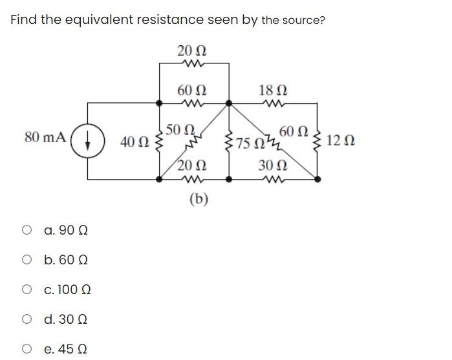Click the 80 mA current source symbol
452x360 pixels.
(89, 138)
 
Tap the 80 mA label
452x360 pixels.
(45, 137)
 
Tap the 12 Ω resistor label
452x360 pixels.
(340, 140)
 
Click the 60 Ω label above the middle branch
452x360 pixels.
(192, 90)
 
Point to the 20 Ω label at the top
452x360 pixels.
(192, 50)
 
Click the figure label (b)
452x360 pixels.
(198, 199)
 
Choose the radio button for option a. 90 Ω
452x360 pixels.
(27, 230)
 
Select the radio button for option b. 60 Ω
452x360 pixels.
(27, 260)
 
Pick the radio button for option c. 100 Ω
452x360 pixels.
(27, 290)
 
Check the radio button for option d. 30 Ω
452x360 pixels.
(27, 319)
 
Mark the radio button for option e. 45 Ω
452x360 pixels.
(27, 349)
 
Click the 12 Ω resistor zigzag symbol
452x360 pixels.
(317, 140)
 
